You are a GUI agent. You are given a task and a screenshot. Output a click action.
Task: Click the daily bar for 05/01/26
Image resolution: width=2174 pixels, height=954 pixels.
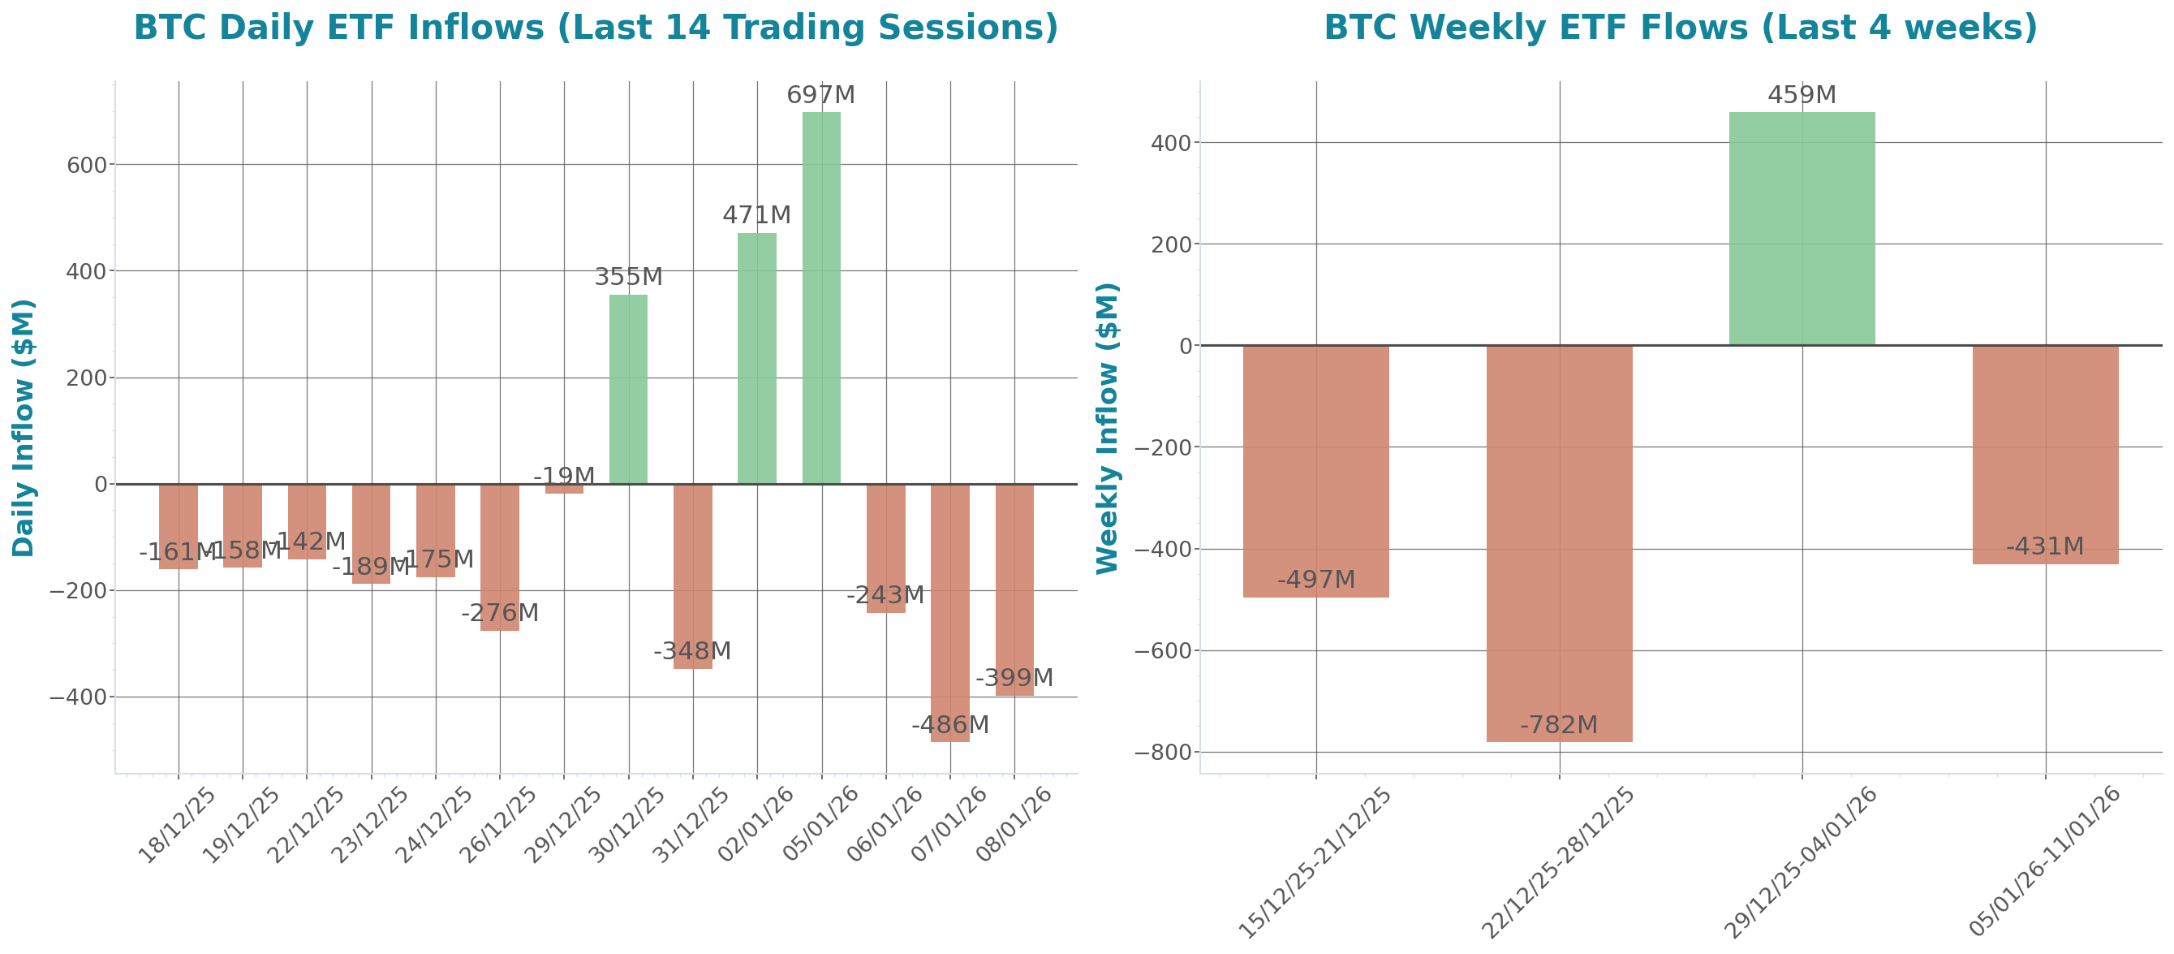click(x=820, y=297)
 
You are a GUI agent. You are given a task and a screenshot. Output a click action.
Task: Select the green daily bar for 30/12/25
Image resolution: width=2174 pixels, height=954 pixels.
click(x=628, y=388)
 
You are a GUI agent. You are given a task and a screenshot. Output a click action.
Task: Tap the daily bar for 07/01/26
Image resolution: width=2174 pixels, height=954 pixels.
click(x=949, y=613)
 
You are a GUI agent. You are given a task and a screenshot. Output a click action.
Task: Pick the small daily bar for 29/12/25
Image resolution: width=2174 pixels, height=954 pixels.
click(x=564, y=489)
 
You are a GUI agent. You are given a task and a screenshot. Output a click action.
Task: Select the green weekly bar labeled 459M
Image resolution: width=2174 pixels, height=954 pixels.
click(x=1802, y=228)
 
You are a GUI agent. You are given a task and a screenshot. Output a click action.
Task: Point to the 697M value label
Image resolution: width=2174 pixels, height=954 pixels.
click(x=820, y=96)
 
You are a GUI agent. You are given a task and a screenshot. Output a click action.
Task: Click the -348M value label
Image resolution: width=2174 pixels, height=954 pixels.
click(x=692, y=651)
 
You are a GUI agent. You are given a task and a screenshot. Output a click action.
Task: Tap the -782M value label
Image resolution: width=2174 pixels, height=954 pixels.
click(x=1559, y=724)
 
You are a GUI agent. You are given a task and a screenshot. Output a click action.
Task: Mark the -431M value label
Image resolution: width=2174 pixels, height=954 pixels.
click(x=2045, y=546)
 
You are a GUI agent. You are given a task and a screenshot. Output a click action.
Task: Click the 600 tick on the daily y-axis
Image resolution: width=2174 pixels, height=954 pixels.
click(x=88, y=166)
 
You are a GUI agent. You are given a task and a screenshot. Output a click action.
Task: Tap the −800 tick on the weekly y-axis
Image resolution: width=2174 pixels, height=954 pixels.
click(x=1161, y=752)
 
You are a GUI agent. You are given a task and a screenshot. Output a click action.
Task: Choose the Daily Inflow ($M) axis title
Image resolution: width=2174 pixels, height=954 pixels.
click(x=23, y=427)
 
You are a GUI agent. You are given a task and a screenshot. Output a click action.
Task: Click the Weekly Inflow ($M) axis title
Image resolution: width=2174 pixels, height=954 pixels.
click(x=1106, y=427)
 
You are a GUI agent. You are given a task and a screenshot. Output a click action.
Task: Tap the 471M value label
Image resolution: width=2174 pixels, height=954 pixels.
click(x=756, y=215)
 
